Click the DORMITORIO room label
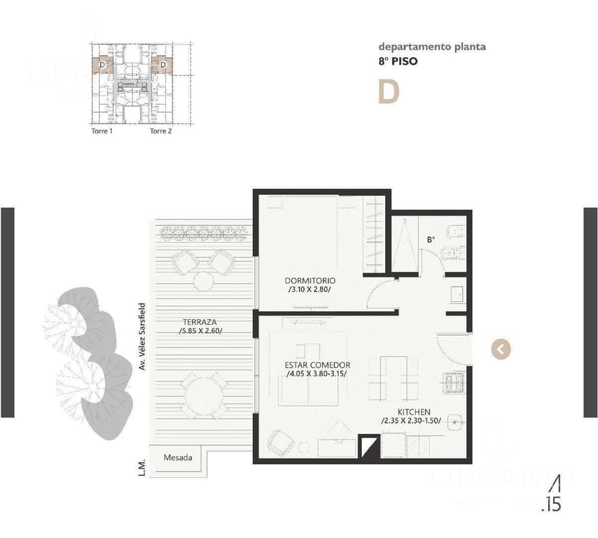tap(310, 280)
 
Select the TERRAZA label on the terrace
tap(201, 321)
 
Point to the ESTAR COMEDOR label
tap(317, 365)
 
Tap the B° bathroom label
tap(431, 238)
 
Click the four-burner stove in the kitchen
tap(454, 382)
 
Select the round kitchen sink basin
tap(454, 421)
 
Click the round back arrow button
tap(500, 350)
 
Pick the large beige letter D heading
tap(389, 92)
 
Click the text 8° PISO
tap(397, 62)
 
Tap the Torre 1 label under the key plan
tap(101, 131)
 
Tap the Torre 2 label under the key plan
tap(160, 131)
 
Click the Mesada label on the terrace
tap(178, 458)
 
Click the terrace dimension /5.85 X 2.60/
tap(201, 331)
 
